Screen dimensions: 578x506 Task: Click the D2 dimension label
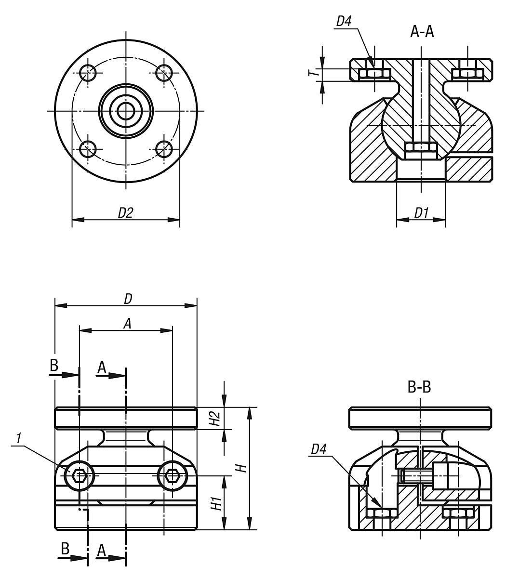point(125,213)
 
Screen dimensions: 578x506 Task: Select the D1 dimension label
point(421,213)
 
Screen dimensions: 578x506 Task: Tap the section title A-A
point(422,32)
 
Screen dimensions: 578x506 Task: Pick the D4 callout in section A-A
point(343,22)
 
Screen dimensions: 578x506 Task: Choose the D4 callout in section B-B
point(319,449)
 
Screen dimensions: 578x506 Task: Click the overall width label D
point(127,299)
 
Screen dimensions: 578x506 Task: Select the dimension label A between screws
point(127,324)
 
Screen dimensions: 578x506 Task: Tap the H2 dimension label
point(217,419)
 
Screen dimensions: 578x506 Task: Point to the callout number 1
point(18,438)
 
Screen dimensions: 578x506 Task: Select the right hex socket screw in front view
point(172,476)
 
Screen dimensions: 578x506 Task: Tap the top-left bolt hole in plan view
point(88,73)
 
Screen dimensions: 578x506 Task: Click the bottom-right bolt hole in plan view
point(164,149)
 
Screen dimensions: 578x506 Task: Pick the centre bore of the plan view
point(126,111)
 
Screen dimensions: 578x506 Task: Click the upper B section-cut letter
point(53,366)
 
